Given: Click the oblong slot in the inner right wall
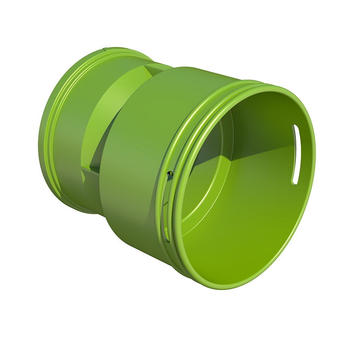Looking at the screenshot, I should (x=295, y=155).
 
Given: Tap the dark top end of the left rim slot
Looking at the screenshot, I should (x=170, y=174).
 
